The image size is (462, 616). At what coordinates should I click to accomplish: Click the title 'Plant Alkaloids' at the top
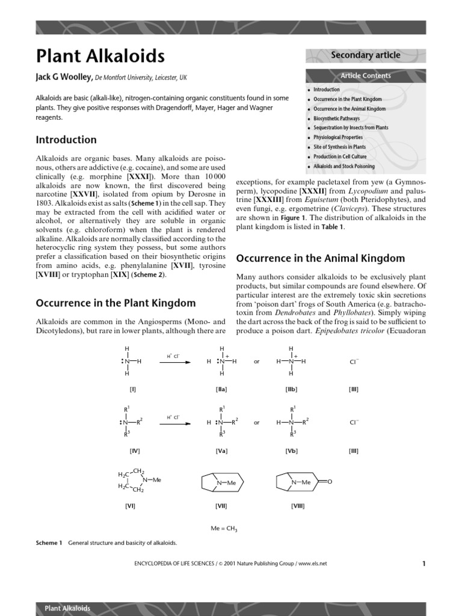click(x=100, y=56)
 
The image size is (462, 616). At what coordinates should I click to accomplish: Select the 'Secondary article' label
click(x=365, y=55)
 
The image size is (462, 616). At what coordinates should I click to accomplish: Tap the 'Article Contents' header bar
click(x=365, y=76)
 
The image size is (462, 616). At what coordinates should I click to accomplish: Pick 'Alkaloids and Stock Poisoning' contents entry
click(x=343, y=166)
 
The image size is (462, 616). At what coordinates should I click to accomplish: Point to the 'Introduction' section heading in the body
click(x=66, y=140)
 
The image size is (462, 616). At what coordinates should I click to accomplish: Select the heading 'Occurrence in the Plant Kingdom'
click(x=115, y=303)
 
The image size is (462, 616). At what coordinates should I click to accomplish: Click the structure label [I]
click(x=132, y=389)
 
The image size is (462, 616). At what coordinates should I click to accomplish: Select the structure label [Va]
click(x=221, y=451)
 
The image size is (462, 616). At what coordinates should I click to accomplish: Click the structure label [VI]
click(x=131, y=506)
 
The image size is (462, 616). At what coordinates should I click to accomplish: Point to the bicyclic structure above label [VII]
click(x=220, y=482)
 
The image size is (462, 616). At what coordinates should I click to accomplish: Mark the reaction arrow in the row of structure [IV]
click(x=175, y=423)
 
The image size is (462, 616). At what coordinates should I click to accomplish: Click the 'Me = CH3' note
click(x=224, y=528)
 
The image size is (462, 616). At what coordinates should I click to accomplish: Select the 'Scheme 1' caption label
click(x=49, y=543)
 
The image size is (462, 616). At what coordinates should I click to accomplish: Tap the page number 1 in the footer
click(x=423, y=564)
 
